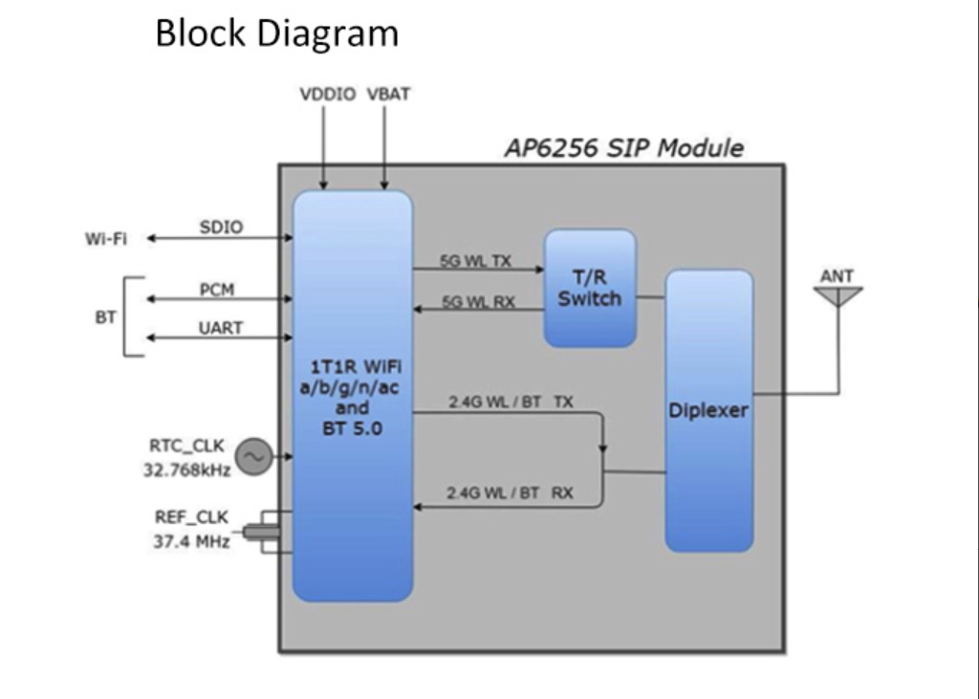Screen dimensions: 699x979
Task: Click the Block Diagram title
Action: tap(276, 34)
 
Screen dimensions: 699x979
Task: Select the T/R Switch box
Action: tap(590, 288)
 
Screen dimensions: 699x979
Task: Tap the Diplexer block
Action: tap(708, 410)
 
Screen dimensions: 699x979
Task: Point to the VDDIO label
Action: tap(327, 95)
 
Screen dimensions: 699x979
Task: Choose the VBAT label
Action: tap(388, 95)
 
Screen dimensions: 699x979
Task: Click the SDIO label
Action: tap(221, 228)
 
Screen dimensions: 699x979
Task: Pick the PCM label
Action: tap(217, 290)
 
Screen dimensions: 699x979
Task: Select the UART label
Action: tap(220, 328)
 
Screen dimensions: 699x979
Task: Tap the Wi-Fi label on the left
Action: tap(105, 239)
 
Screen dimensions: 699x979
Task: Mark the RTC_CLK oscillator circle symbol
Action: tap(253, 458)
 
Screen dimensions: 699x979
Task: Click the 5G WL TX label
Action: tap(475, 260)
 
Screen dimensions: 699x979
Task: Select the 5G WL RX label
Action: tap(478, 302)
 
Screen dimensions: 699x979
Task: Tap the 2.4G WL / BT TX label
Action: tap(511, 403)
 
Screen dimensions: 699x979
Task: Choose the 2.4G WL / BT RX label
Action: tap(511, 493)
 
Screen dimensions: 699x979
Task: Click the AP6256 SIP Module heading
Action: tap(623, 148)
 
